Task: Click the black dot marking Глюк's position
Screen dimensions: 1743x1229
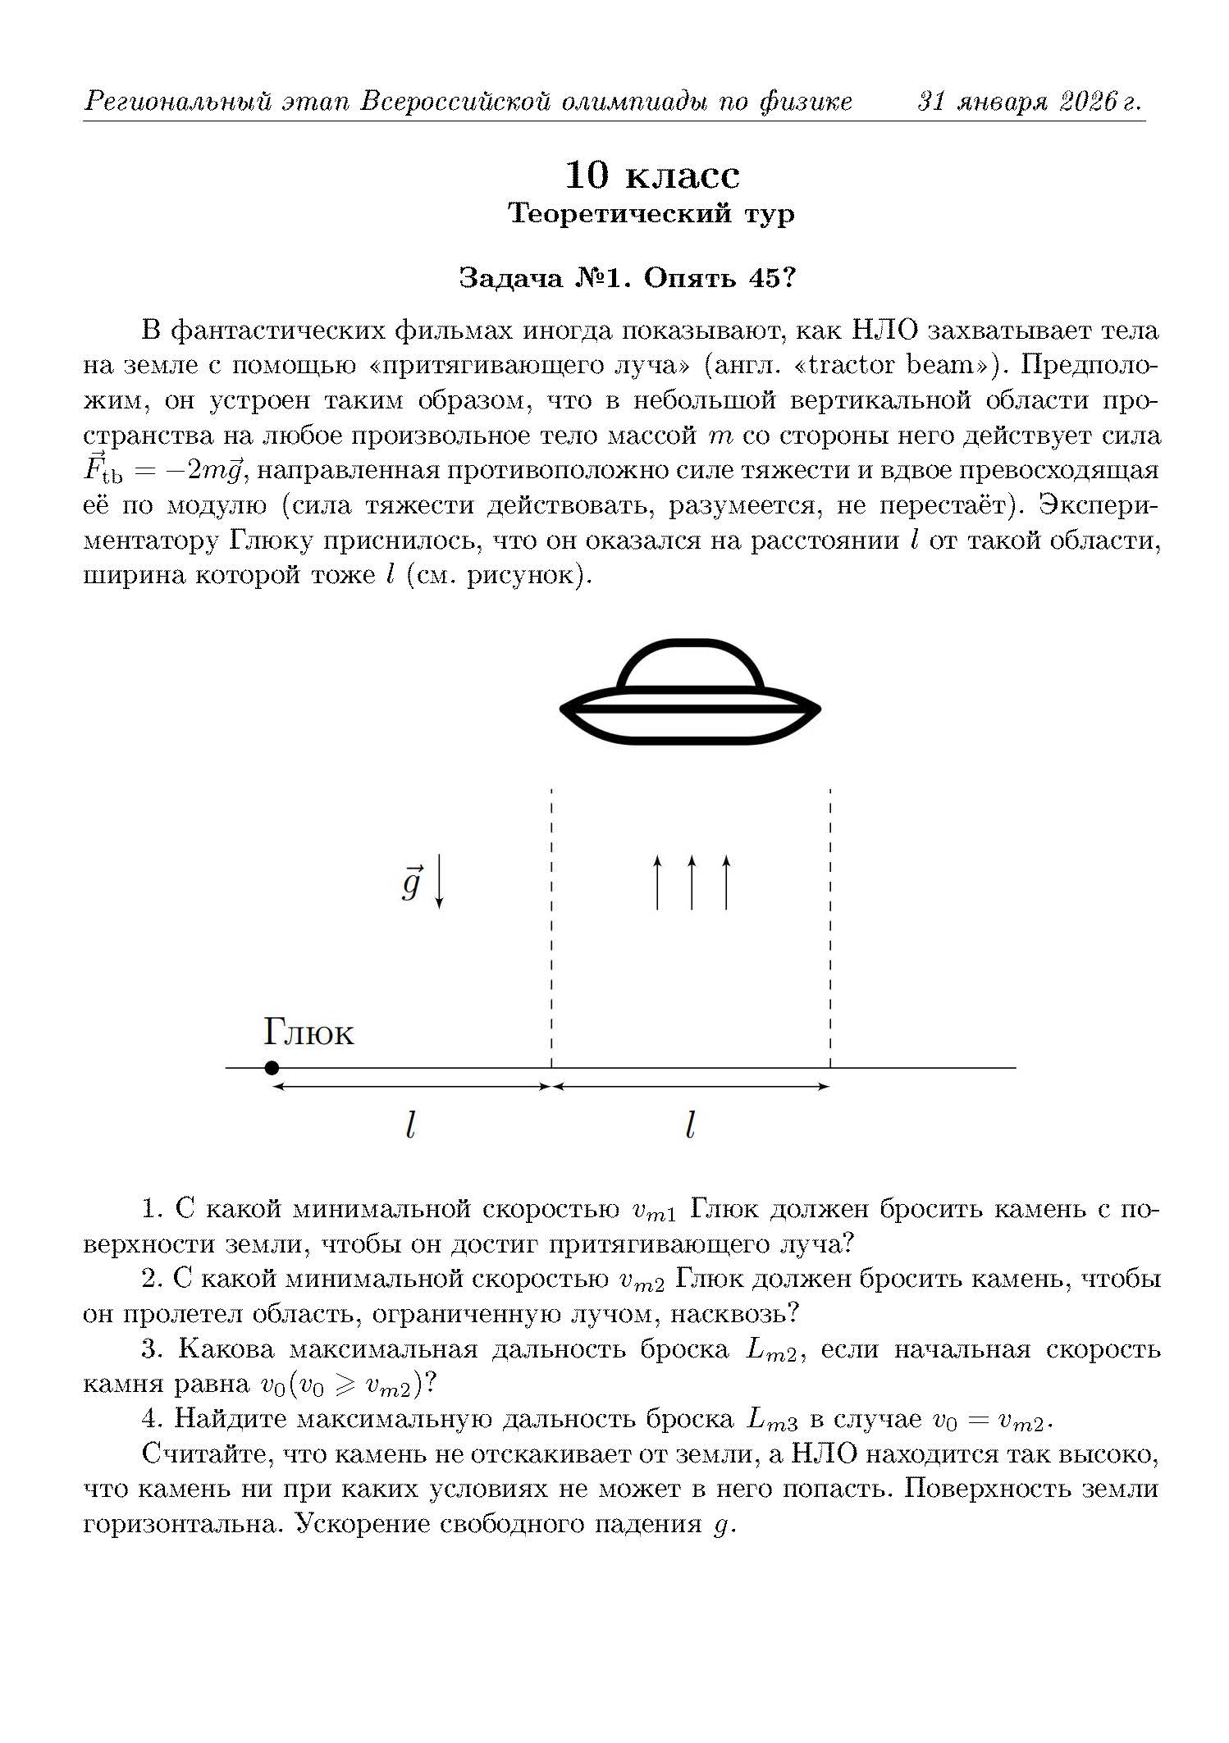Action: click(272, 1067)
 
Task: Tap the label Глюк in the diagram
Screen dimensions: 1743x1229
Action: click(308, 1033)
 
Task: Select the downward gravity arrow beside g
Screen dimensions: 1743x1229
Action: click(440, 881)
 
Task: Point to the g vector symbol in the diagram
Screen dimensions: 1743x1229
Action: click(411, 883)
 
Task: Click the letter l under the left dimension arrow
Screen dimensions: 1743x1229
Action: click(411, 1125)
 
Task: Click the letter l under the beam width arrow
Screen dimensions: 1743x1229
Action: click(690, 1125)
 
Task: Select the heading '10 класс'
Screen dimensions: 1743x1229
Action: click(651, 175)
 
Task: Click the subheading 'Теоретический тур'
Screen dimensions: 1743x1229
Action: click(651, 213)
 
